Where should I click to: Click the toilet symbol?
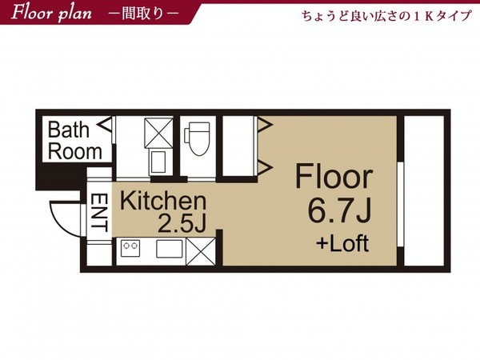tap(198, 138)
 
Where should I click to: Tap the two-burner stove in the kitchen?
tap(130, 248)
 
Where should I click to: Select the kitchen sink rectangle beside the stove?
tap(170, 249)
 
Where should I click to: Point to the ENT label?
tap(99, 213)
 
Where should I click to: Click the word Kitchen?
tap(163, 201)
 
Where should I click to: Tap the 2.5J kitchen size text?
tap(182, 223)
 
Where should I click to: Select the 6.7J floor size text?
tap(339, 210)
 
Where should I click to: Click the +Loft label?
tap(342, 243)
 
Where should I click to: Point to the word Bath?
tap(69, 130)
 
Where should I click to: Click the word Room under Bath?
tap(75, 151)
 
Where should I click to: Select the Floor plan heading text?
tap(51, 13)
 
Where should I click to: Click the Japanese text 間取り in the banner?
tap(142, 14)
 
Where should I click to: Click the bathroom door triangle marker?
tap(104, 125)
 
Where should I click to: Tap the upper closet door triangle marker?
tap(265, 125)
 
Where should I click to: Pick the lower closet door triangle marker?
tap(265, 167)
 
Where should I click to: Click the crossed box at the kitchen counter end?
tap(201, 251)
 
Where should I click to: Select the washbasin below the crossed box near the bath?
tap(158, 162)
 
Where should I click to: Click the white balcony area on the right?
tap(424, 190)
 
